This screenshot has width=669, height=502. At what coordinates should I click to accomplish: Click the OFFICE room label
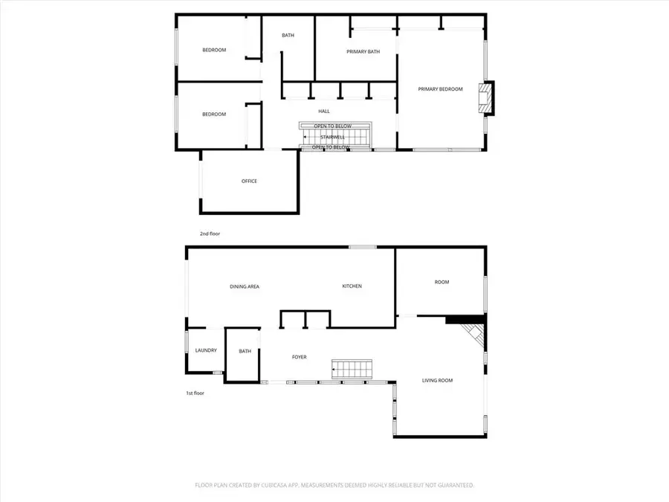click(x=249, y=181)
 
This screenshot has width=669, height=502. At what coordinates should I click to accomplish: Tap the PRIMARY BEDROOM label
click(x=440, y=89)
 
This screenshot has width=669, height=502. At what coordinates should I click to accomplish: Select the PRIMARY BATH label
click(x=363, y=52)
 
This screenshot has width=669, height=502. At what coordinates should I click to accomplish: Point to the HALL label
click(x=324, y=112)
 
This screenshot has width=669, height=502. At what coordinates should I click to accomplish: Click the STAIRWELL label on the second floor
click(x=332, y=137)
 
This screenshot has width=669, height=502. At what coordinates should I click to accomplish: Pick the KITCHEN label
click(x=352, y=286)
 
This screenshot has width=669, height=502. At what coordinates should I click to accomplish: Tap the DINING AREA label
click(x=244, y=286)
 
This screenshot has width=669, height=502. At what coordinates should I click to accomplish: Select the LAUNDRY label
click(x=205, y=350)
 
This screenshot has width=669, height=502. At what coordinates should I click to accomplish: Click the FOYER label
click(x=299, y=357)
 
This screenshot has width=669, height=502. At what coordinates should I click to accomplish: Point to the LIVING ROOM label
click(x=437, y=381)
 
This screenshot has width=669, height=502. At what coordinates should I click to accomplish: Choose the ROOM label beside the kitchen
click(x=442, y=282)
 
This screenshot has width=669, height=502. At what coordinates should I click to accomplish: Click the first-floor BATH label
click(x=245, y=352)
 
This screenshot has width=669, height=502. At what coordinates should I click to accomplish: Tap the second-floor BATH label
click(x=288, y=36)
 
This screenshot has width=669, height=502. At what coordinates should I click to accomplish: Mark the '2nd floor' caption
click(x=210, y=234)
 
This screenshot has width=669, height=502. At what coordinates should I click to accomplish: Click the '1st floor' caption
click(x=195, y=393)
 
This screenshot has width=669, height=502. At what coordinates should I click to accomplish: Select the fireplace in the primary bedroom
click(x=485, y=97)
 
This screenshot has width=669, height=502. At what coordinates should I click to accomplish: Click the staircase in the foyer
click(x=351, y=368)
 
